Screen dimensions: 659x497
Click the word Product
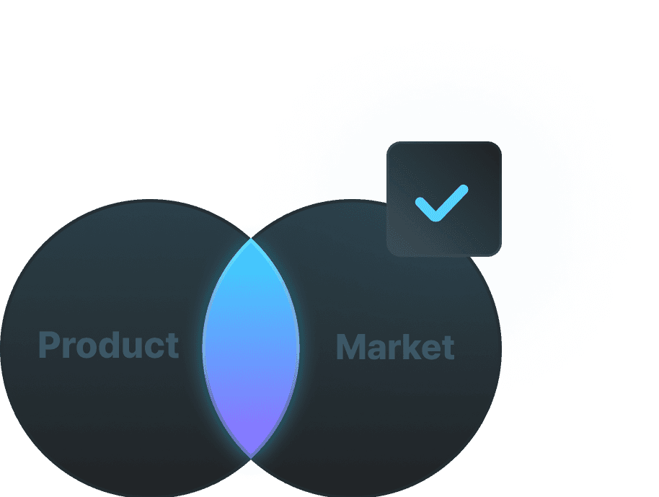tap(108, 346)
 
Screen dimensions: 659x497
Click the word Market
tap(395, 347)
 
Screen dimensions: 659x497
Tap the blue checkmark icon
tap(441, 203)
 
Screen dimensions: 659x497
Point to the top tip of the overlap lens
tap(251, 241)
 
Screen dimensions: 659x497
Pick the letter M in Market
tap(351, 347)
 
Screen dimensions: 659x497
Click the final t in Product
tap(172, 346)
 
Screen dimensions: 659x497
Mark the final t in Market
tap(448, 348)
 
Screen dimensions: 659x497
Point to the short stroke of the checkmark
tap(425, 207)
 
